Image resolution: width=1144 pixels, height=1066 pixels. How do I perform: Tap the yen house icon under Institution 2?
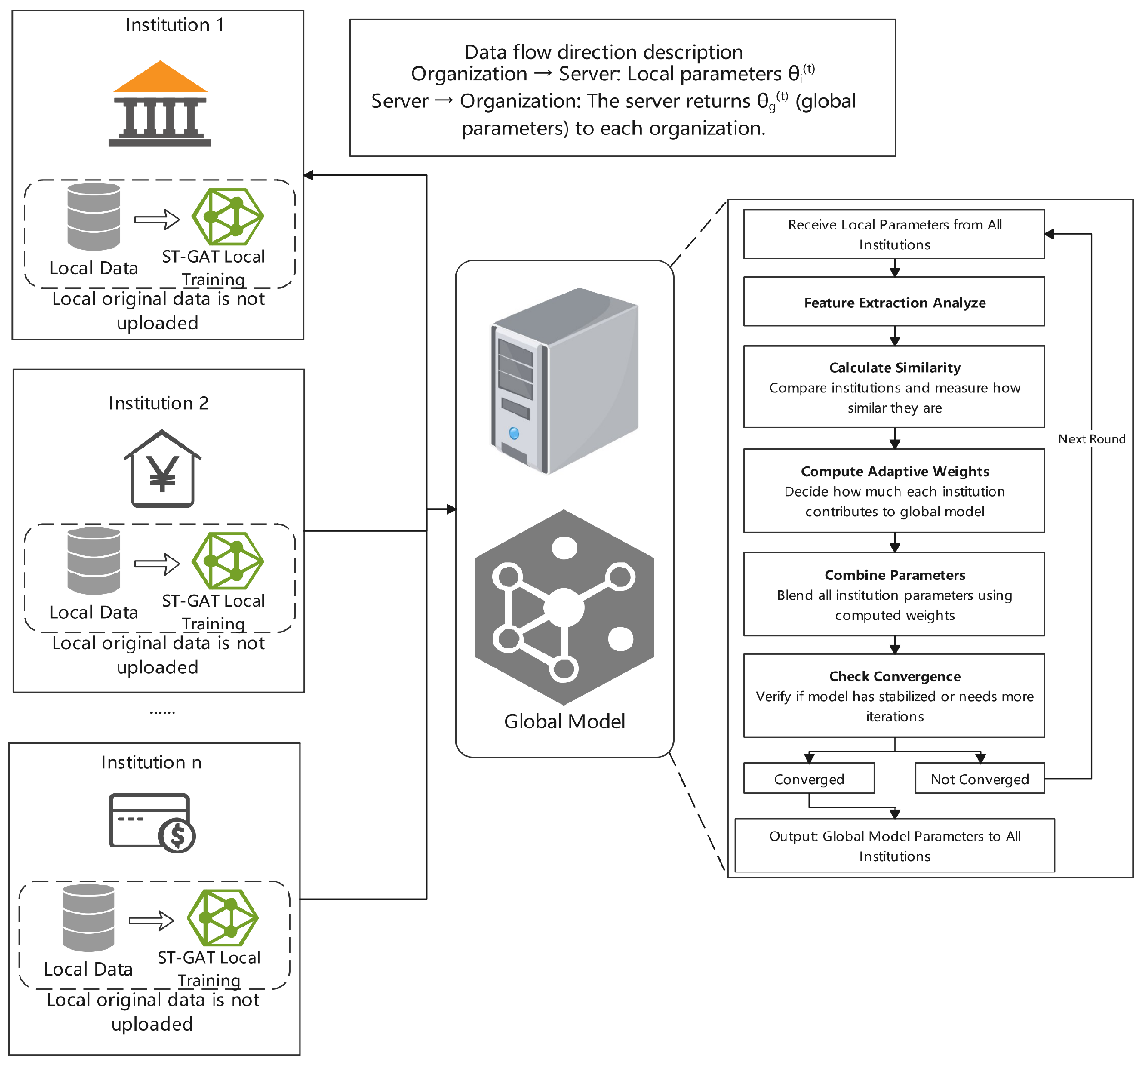pos(163,468)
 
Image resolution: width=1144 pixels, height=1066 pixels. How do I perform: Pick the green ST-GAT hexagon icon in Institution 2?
pos(228,561)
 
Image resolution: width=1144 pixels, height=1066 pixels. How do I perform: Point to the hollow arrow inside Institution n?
pos(151,921)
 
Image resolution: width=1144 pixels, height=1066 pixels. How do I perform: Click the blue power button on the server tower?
pos(514,433)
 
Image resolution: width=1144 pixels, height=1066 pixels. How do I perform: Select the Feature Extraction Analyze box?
pos(894,302)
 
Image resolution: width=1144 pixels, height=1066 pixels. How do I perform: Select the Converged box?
pos(809,778)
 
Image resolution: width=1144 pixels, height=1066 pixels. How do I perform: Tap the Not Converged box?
pos(980,778)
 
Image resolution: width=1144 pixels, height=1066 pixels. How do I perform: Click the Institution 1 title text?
pos(174,25)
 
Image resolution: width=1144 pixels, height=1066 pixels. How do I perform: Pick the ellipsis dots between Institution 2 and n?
pos(162,713)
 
